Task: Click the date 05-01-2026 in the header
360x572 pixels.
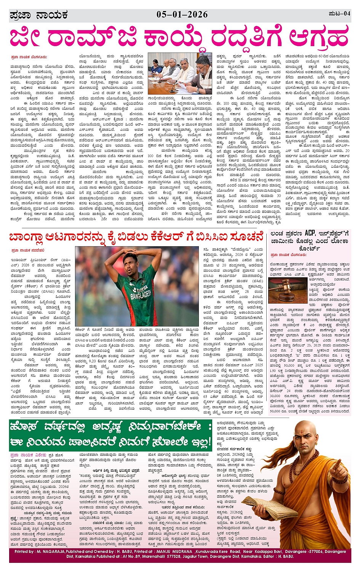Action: [x=182, y=14]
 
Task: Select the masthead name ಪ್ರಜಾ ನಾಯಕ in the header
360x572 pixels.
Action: [x=38, y=15]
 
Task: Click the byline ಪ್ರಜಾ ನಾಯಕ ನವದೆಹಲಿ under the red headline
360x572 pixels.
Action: [x=27, y=250]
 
